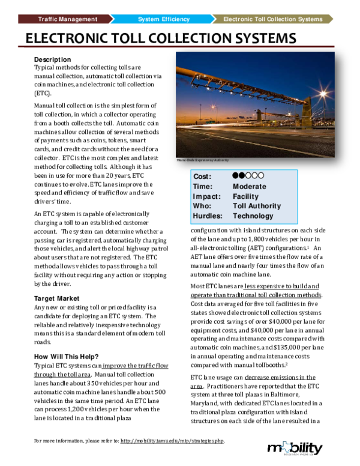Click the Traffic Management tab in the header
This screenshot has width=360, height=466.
click(x=67, y=19)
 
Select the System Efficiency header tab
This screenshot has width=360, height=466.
click(x=163, y=19)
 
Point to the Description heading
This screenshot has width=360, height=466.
click(x=53, y=60)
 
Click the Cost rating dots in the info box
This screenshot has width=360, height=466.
click(x=247, y=176)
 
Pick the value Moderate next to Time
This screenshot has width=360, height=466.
click(x=249, y=186)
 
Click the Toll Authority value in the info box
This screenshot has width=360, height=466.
click(x=256, y=206)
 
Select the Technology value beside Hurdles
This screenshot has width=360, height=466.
click(x=253, y=216)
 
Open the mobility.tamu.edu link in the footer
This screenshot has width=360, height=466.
click(x=172, y=441)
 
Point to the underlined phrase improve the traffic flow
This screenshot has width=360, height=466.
click(x=136, y=365)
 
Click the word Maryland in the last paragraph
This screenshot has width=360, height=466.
click(x=208, y=396)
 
